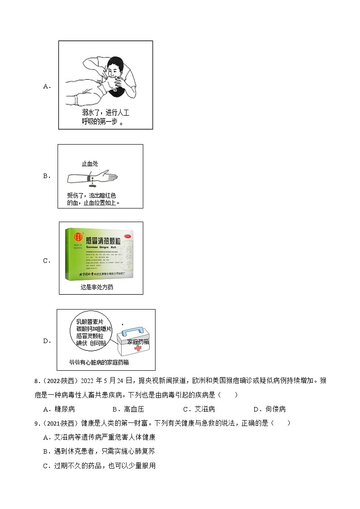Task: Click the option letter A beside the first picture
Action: point(46,86)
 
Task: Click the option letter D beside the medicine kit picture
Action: point(46,341)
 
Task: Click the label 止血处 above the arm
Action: point(90,165)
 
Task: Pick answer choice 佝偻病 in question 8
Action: point(276,409)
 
